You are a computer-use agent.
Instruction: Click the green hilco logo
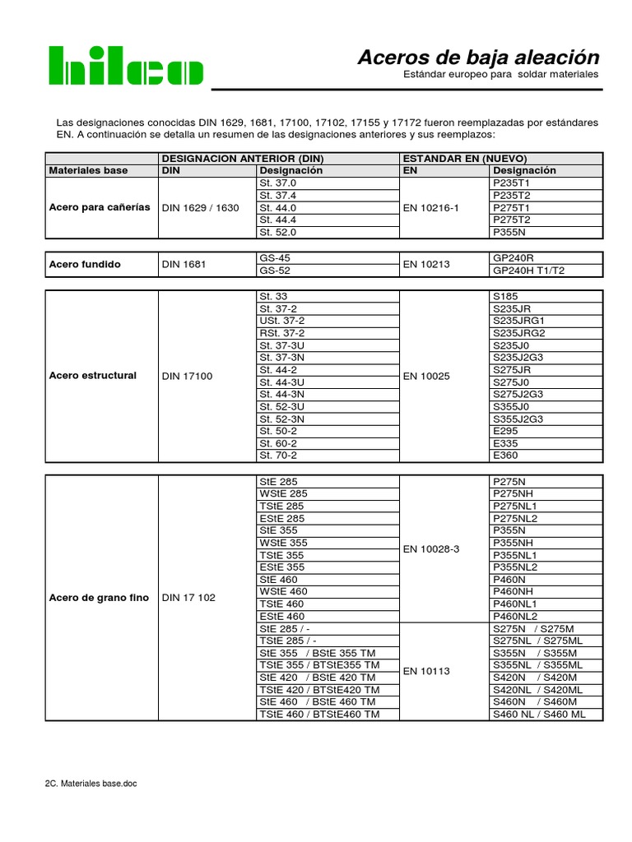[125, 65]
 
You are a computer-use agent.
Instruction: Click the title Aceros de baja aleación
[478, 58]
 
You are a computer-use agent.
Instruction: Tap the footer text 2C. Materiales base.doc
[91, 784]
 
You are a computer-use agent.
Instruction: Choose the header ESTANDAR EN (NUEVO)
[464, 158]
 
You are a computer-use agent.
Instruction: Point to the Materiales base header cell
[88, 170]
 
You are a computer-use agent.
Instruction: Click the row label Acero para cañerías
[100, 207]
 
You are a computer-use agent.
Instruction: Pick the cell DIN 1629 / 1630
[201, 208]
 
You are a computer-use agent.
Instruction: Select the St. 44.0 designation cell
[277, 208]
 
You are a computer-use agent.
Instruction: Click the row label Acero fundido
[85, 264]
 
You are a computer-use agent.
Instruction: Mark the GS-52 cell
[275, 271]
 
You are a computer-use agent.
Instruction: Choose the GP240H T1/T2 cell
[528, 271]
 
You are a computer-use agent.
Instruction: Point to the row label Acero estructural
[92, 375]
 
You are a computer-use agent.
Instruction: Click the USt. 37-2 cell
[282, 320]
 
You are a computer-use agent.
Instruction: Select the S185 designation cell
[505, 295]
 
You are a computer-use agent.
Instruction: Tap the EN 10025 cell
[426, 376]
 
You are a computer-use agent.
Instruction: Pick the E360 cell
[505, 456]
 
